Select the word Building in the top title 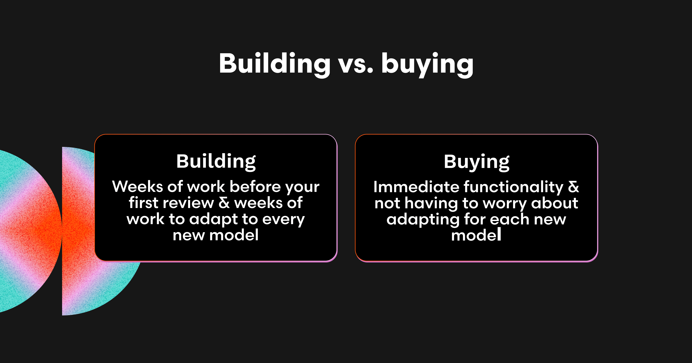[x=274, y=64]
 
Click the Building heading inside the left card [x=216, y=162]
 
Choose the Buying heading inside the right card [x=477, y=162]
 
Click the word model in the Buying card [x=476, y=235]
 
